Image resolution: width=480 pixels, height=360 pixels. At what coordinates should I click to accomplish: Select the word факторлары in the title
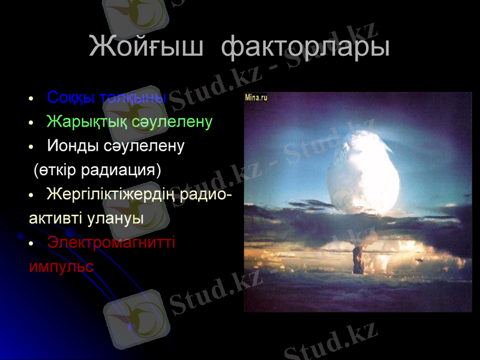click(305, 47)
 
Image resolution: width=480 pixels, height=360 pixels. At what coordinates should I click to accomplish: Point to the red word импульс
click(61, 266)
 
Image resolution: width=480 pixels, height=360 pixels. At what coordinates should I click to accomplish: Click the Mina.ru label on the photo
click(256, 97)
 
